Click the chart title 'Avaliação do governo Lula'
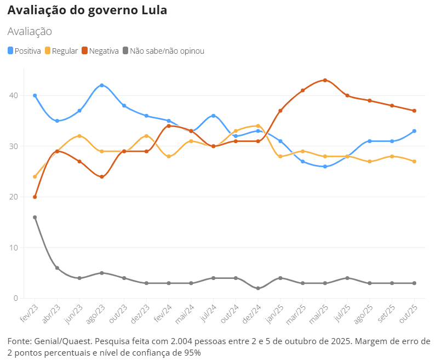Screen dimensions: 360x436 88,11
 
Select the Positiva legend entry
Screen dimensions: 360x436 25,51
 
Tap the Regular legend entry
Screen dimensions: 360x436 61,51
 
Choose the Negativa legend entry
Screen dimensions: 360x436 100,51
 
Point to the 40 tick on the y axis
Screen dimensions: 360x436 13,95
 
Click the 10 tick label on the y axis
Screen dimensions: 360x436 13,248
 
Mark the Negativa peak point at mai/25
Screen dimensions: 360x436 325,80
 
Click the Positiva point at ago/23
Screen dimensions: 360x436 102,85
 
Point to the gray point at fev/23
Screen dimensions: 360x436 35,218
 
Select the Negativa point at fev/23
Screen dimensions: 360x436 35,197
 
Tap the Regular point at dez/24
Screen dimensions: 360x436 258,126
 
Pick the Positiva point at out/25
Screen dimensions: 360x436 415,131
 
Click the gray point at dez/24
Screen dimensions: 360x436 258,288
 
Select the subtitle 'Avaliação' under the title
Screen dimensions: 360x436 30,31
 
